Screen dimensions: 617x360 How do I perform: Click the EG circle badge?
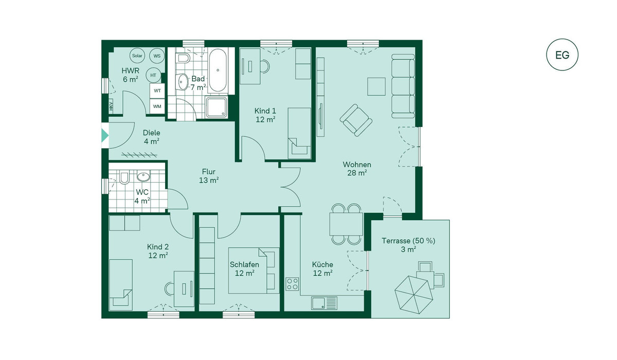point(562,55)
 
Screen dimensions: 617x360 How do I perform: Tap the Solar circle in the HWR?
point(137,56)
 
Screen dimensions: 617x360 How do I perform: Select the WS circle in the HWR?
point(157,56)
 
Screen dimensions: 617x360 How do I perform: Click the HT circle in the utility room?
point(153,75)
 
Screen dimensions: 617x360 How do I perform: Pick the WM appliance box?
point(157,106)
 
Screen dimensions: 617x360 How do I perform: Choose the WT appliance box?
point(157,91)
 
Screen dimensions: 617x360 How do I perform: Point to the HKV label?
point(111,106)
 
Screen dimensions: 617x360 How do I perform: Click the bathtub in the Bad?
point(217,70)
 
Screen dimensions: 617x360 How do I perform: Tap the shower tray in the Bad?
point(216,107)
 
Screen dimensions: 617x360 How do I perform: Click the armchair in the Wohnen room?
point(356,120)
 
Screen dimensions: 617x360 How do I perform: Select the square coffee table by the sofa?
point(376,86)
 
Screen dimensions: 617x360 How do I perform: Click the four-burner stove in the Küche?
point(292,284)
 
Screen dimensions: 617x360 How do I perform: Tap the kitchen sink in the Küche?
point(324,303)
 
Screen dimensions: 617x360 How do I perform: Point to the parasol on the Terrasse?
point(414,295)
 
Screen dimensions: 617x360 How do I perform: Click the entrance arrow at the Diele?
point(105,136)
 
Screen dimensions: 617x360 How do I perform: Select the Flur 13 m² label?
point(209,176)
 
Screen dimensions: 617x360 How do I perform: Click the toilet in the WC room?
point(124,177)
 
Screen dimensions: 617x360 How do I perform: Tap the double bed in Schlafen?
point(253,271)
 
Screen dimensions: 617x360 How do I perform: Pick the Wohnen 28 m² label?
point(357,169)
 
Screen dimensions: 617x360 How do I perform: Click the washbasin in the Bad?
point(182,82)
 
